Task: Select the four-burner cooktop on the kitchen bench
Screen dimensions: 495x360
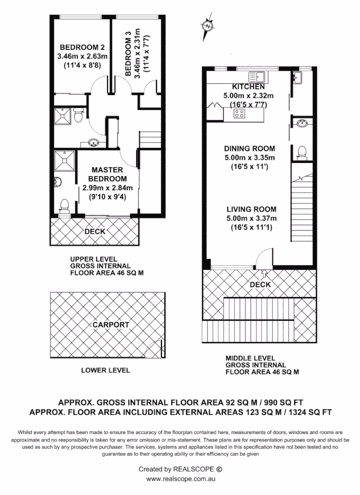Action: point(239,114)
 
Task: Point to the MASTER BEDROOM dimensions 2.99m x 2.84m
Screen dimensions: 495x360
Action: point(107,188)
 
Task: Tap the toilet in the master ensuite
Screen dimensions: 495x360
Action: point(63,204)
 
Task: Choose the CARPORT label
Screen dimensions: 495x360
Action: point(111,325)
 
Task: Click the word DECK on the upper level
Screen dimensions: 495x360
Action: point(94,231)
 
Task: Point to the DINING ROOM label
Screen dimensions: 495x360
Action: point(249,148)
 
